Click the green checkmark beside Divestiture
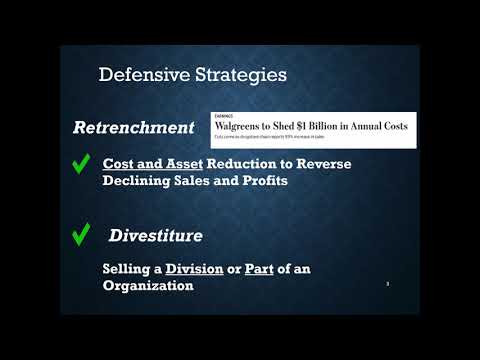click(x=82, y=235)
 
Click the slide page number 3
click(x=388, y=284)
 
